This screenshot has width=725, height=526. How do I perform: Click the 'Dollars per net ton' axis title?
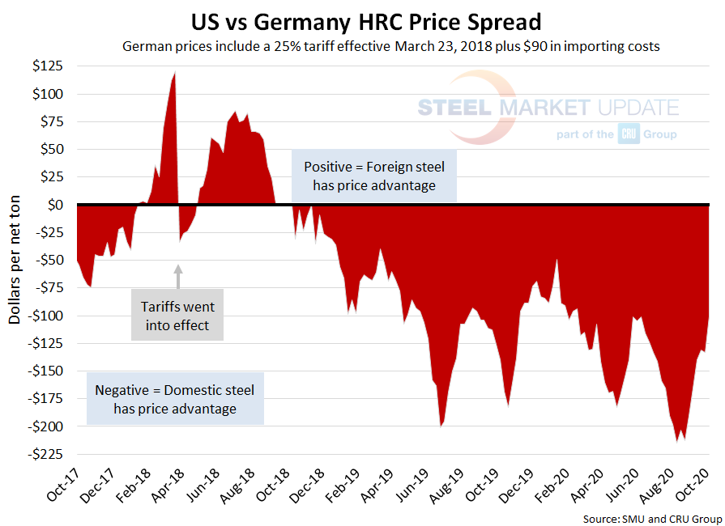tap(16, 260)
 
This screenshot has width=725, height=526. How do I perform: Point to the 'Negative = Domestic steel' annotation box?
tap(175, 399)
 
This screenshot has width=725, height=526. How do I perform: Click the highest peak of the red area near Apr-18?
tap(175, 73)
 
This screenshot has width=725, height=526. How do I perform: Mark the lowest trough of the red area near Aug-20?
tap(677, 442)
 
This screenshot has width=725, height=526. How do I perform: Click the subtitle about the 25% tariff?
tap(391, 47)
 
